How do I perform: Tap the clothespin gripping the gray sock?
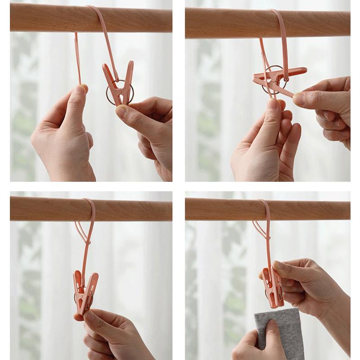[x=273, y=288]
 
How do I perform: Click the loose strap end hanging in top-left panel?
[x=78, y=58]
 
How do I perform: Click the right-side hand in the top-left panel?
[x=148, y=126]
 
